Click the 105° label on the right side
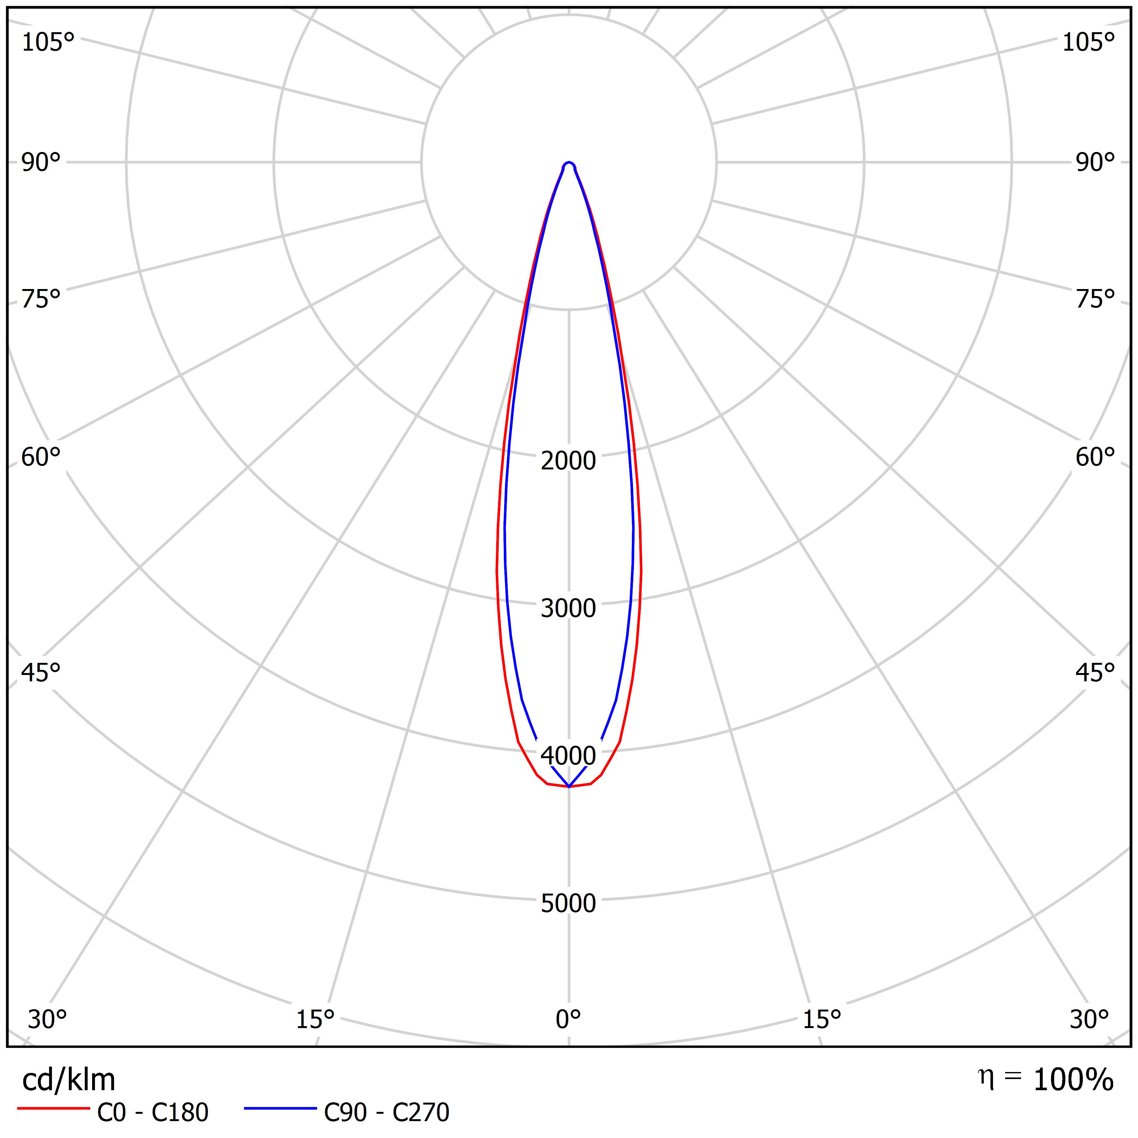pos(1089,42)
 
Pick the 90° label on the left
pos(41,163)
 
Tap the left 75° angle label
pos(41,299)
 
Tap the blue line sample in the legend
pos(280,1109)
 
